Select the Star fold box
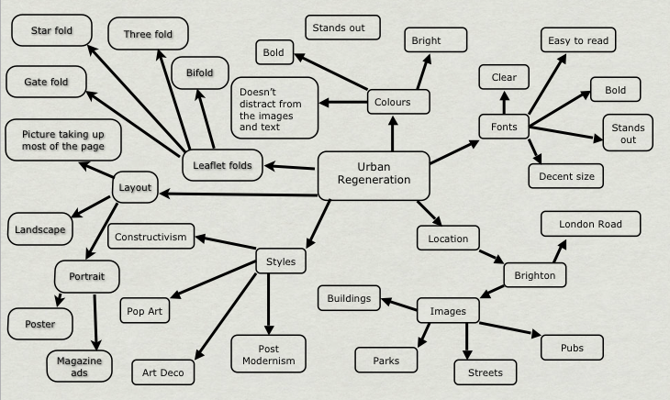pyautogui.click(x=51, y=31)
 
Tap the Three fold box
pyautogui.click(x=148, y=35)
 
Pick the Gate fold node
pyautogui.click(x=45, y=82)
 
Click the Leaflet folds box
pyautogui.click(x=222, y=165)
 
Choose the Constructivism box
pyautogui.click(x=151, y=238)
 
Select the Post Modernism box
pyautogui.click(x=268, y=353)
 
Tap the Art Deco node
pyautogui.click(x=162, y=372)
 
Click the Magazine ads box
pyautogui.click(x=81, y=369)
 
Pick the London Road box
pyautogui.click(x=590, y=224)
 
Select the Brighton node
pyautogui.click(x=534, y=274)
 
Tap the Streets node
pyautogui.click(x=486, y=372)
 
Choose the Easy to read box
pyautogui.click(x=577, y=40)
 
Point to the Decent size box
pyautogui.click(x=565, y=175)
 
